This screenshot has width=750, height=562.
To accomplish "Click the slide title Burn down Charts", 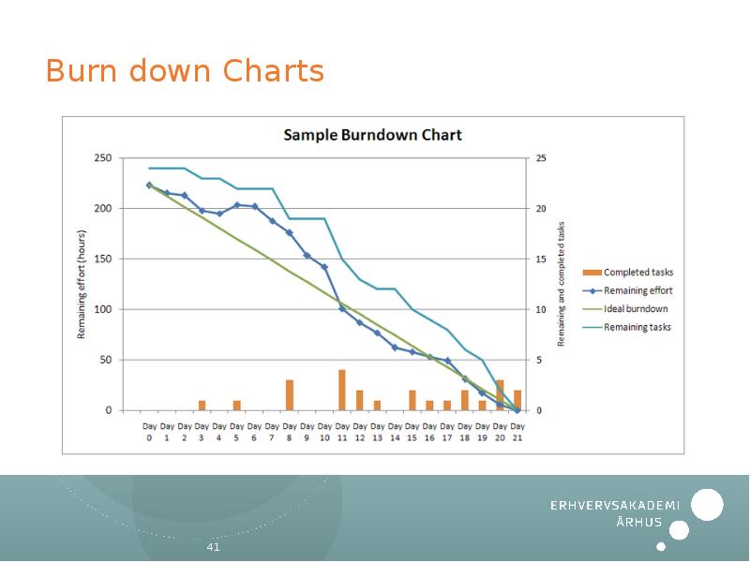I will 185,71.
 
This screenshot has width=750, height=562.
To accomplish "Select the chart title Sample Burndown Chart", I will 372,135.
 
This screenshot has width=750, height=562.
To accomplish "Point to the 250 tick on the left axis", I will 103,158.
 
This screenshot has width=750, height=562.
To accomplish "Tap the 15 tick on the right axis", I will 540,259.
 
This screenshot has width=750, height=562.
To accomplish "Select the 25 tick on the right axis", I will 540,158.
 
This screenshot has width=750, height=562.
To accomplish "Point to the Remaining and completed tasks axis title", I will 562,284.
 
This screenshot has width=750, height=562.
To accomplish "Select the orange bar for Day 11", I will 342,390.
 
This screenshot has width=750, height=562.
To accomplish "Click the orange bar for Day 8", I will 290,394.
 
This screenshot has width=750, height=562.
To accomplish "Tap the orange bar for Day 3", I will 202,405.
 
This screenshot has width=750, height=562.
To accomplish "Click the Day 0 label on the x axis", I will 149,431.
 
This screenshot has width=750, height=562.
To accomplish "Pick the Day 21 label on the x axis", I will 517,431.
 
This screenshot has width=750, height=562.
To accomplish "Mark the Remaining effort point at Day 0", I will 149,185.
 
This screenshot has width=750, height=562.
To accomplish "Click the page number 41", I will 213,547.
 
